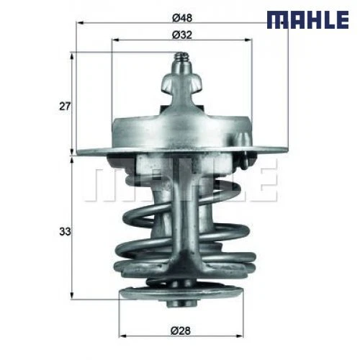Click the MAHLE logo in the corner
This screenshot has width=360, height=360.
click(307, 19)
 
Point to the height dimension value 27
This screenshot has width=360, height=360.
click(64, 107)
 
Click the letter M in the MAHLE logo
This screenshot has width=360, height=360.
click(277, 19)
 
